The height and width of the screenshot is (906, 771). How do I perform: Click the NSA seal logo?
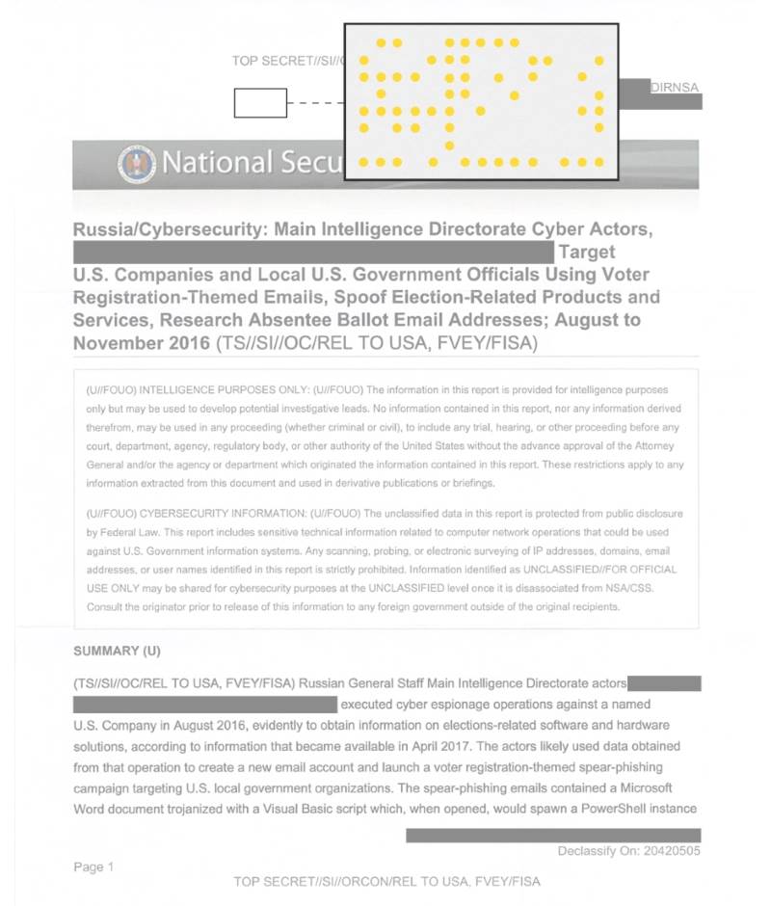[135, 164]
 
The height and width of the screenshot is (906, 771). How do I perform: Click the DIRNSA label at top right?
[674, 87]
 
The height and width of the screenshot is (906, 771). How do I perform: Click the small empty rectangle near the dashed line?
[260, 102]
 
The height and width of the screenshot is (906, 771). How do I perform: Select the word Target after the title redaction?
[586, 253]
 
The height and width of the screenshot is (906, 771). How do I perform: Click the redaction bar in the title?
[313, 253]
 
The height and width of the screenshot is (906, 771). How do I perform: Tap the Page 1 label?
[93, 866]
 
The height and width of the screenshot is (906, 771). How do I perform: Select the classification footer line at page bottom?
[386, 881]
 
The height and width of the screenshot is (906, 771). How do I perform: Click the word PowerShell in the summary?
[612, 808]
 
